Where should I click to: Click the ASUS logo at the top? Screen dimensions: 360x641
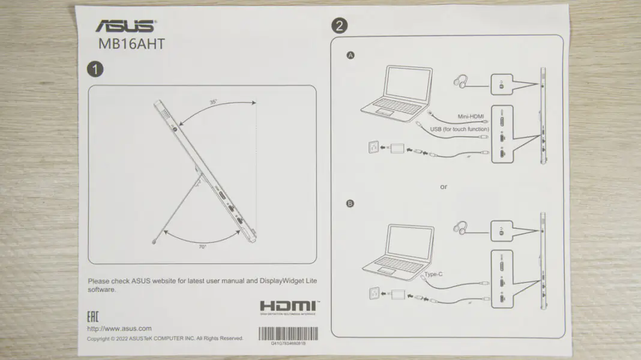126,26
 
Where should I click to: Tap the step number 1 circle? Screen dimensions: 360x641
95,69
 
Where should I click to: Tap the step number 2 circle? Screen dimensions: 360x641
339,26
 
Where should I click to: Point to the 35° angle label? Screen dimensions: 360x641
213,102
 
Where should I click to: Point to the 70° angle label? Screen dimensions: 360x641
203,247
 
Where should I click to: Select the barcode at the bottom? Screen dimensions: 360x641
288,335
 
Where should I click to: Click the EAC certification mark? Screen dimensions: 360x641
94,317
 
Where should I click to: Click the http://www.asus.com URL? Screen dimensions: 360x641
119,328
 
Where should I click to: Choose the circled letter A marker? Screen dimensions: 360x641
351,55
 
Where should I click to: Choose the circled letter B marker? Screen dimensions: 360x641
351,203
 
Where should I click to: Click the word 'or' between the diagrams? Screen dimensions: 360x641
444,187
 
